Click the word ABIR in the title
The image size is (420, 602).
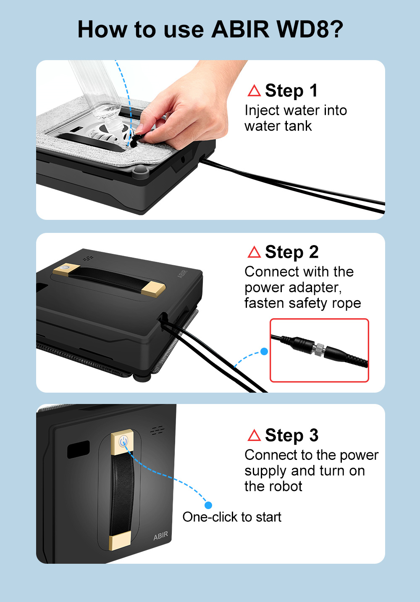tap(240, 29)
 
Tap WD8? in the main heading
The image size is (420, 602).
tap(310, 29)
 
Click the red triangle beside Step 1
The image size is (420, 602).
tap(254, 90)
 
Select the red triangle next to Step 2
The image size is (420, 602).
tap(254, 252)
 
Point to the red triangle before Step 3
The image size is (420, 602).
tap(254, 435)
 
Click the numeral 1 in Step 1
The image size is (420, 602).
tap(313, 90)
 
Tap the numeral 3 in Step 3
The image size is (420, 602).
tap(314, 435)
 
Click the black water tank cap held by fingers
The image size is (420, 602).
tap(137, 140)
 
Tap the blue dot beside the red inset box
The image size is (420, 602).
tap(264, 351)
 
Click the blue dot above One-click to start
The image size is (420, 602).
tap(208, 505)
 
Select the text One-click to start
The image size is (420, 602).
tap(232, 517)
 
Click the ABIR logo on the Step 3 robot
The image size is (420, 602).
tap(160, 536)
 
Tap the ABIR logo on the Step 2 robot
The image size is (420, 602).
tap(182, 274)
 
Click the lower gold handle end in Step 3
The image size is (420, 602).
tap(120, 541)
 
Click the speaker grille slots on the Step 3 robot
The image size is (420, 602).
tap(157, 430)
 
